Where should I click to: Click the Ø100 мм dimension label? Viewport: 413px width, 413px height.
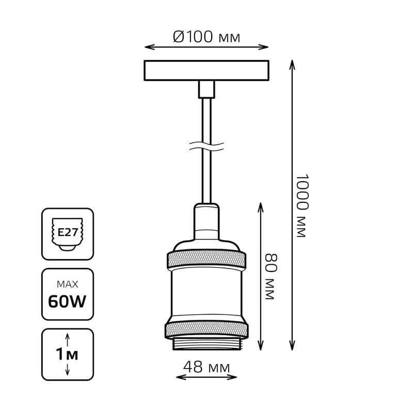tap(206, 37)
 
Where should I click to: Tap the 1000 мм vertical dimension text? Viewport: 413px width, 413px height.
tap(301, 205)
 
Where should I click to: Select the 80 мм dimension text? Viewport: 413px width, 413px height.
tap(271, 277)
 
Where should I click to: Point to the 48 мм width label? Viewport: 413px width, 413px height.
tap(206, 367)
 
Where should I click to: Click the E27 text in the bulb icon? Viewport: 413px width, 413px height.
tap(68, 232)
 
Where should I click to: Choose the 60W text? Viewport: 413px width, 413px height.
tap(68, 301)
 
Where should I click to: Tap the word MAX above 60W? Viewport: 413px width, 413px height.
tap(68, 284)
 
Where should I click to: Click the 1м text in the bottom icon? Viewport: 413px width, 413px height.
tap(67, 355)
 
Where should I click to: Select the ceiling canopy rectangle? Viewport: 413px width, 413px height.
tap(206, 71)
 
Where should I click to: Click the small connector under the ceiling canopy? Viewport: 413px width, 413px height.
tap(206, 89)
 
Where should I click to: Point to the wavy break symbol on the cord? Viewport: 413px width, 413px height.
tap(206, 147)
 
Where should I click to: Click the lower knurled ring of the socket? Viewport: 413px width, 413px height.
tap(206, 330)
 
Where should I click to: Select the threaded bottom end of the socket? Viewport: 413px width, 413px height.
tap(206, 344)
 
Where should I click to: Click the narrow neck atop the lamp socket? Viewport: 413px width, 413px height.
tap(206, 221)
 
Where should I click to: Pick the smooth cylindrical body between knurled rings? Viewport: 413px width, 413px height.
tap(206, 292)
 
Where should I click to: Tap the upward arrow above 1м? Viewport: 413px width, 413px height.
tap(68, 340)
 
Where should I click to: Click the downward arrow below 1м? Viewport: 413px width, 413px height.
tap(68, 369)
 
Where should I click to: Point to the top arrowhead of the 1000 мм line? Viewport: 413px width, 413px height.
tap(292, 65)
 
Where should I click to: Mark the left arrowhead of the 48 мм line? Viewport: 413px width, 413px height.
tap(180, 377)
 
